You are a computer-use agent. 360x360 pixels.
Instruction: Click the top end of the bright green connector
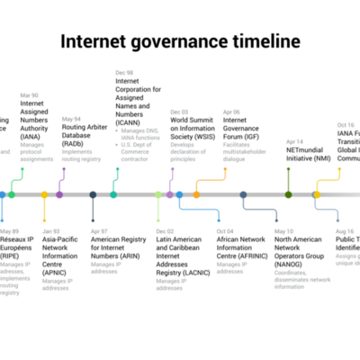(22, 169)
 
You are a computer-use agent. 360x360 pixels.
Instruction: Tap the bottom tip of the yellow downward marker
(44, 220)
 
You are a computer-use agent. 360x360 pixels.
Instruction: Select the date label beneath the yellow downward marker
(51, 231)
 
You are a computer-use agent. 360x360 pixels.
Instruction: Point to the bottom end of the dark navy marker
(93, 220)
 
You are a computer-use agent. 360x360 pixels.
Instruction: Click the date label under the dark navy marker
(99, 231)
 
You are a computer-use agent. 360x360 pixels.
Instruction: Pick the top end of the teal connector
(117, 169)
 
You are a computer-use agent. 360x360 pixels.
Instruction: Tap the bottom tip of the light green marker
(158, 220)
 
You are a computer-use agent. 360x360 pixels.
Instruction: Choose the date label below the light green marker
(164, 231)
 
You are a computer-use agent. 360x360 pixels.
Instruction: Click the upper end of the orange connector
(225, 169)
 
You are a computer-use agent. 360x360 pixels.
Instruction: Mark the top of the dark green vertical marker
(288, 169)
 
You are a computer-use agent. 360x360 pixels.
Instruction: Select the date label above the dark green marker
(294, 141)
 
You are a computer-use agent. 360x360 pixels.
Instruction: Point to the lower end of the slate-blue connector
(276, 220)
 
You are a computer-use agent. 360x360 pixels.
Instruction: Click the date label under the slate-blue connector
(283, 231)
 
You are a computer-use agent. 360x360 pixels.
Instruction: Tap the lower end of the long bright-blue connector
(219, 220)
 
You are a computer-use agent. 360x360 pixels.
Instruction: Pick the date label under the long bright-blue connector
(225, 231)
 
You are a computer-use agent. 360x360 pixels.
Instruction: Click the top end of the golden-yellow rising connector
(339, 169)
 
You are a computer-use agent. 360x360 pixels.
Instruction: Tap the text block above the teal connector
(137, 144)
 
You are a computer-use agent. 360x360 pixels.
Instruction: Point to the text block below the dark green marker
(301, 279)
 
